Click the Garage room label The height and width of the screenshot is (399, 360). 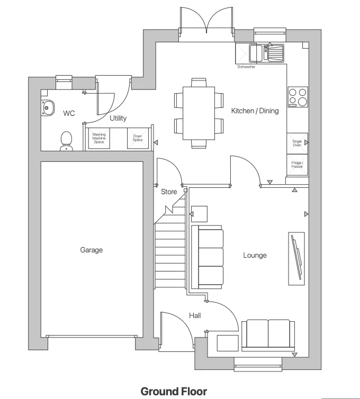point(92,250)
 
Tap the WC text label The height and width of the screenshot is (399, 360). point(69,113)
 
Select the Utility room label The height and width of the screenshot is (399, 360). point(118,119)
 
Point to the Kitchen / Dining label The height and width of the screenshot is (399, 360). point(255,111)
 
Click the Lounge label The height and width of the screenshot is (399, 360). point(255,256)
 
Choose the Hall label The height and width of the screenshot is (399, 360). point(195,316)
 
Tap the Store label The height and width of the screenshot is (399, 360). point(169,192)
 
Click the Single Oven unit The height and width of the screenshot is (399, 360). point(298,143)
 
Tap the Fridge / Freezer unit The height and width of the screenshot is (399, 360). point(298,165)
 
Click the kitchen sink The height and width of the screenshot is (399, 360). point(267,52)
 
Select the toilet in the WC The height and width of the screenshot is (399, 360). point(67,141)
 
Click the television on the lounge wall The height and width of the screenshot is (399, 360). point(296,256)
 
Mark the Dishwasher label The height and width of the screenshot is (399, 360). point(246,67)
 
